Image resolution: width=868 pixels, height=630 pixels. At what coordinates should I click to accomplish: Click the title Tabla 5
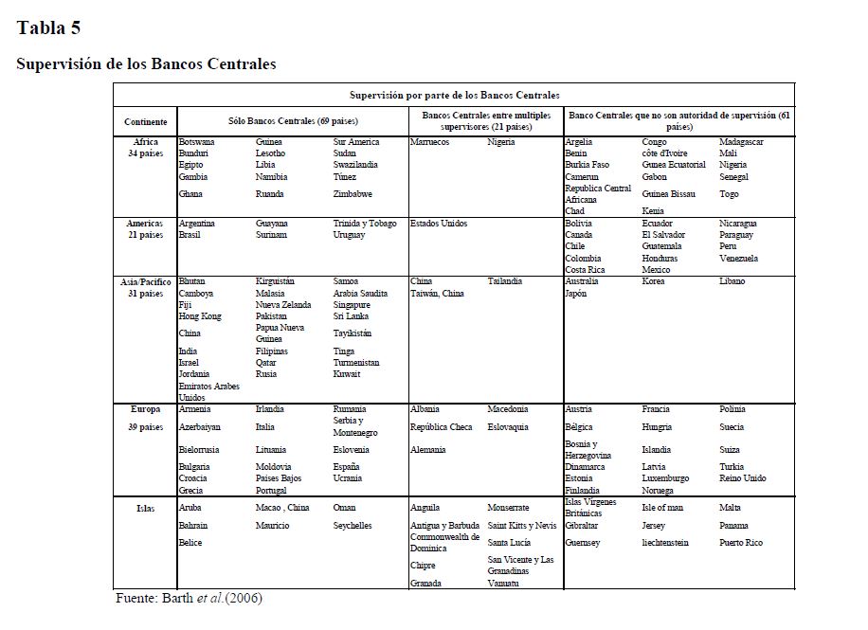pos(48,27)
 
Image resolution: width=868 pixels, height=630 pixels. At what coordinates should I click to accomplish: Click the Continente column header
pos(146,122)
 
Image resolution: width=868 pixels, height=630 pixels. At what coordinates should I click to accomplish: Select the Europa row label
pos(146,409)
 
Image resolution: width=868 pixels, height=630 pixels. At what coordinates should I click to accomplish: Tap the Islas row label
pos(146,508)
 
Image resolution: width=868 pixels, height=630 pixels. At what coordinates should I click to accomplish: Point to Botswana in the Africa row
pos(196,142)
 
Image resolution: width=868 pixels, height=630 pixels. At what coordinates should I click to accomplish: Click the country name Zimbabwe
pos(353,194)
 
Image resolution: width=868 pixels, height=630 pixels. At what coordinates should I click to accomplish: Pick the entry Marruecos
pos(429,142)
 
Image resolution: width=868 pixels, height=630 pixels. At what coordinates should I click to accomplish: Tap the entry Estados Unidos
pos(439,224)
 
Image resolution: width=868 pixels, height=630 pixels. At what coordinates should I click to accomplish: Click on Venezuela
pos(738,258)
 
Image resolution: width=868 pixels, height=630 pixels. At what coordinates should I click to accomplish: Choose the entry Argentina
pos(197,224)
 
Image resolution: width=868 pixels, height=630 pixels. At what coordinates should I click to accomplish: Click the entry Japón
pos(576,294)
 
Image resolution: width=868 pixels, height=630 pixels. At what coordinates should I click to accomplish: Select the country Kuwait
pos(347,374)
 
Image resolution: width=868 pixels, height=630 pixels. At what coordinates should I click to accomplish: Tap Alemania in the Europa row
pos(428,450)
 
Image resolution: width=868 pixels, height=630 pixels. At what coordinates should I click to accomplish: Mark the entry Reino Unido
pos(743,478)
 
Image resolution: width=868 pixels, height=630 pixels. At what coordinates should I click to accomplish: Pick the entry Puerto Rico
pos(741,543)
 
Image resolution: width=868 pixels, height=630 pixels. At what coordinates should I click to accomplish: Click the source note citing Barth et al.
pos(189,599)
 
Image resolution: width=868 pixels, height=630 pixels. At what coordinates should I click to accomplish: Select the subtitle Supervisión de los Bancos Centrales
pos(146,64)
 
